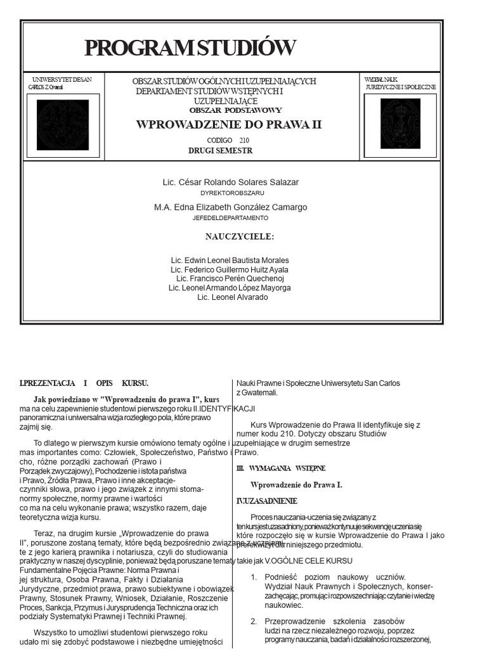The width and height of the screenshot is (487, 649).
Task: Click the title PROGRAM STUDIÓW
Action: point(190,48)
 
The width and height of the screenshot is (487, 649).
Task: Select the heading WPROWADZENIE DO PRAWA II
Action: point(229,124)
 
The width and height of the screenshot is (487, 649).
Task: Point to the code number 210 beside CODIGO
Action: point(245,139)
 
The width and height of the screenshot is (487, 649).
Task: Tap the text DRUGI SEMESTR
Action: point(220,151)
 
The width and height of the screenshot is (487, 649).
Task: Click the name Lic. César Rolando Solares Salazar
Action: point(231,183)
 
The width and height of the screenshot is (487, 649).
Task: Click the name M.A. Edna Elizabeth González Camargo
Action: point(231,207)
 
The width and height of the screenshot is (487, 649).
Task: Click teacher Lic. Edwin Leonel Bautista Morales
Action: point(230,260)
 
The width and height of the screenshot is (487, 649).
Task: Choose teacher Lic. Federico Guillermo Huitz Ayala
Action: point(230,269)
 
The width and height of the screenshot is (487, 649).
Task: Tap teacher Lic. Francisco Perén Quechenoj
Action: point(230,278)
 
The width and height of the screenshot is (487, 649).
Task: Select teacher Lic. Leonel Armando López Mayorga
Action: point(230,288)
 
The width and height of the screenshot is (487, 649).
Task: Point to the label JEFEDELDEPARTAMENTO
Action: point(230,217)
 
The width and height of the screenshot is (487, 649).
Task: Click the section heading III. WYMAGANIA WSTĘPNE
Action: point(280,468)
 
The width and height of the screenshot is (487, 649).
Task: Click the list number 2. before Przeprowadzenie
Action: point(253,621)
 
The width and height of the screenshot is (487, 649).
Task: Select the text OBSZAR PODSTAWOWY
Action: point(235,110)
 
